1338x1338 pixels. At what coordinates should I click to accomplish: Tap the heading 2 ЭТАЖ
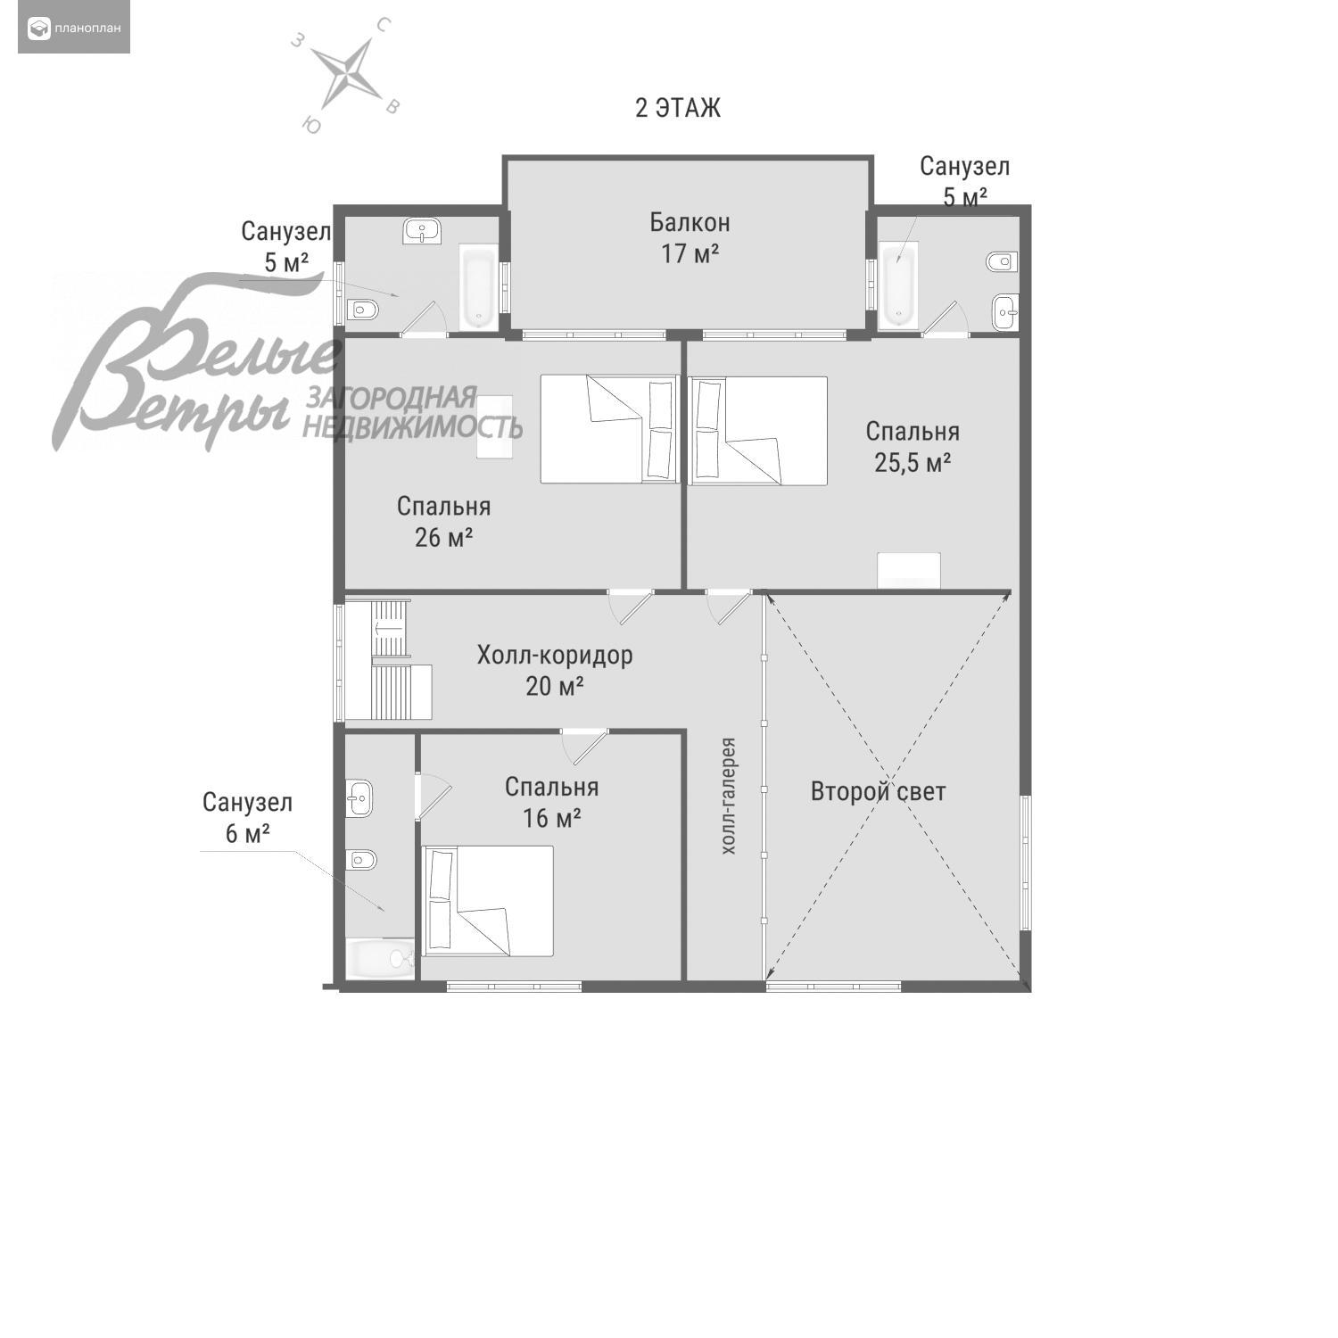pos(678,108)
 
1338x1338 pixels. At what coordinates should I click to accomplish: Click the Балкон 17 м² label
pos(690,237)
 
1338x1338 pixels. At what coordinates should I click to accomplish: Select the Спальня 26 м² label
pos(443,522)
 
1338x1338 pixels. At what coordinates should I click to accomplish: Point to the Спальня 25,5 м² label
pos(913,447)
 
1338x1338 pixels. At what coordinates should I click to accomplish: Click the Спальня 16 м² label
pos(551,802)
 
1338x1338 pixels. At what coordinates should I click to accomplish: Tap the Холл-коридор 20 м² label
pos(555,670)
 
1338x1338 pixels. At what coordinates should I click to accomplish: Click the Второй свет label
pos(878,791)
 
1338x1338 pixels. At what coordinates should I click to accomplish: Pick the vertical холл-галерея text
pos(729,796)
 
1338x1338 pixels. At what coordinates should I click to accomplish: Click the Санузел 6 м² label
pos(247,817)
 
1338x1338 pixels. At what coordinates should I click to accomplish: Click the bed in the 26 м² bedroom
pos(610,429)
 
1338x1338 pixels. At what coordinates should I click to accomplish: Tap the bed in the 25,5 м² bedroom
pos(758,431)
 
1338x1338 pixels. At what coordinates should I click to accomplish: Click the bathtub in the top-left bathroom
pos(479,286)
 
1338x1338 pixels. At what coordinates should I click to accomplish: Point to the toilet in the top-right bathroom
pos(1002,261)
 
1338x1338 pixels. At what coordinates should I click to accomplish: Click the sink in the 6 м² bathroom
pos(359,797)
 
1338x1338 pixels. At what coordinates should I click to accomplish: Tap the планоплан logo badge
pos(74,29)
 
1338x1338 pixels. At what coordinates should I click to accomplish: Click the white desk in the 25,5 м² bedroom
pos(909,571)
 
